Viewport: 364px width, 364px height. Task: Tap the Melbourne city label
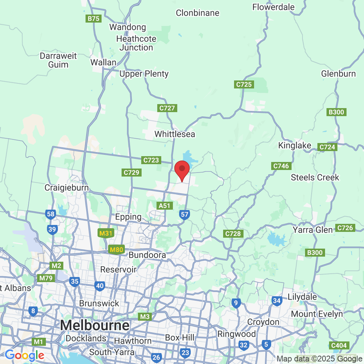pos(95,325)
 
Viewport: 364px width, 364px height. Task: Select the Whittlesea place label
pos(175,134)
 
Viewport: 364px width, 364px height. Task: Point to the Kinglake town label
pos(295,146)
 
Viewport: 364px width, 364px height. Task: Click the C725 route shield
pos(244,85)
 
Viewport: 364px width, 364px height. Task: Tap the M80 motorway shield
pos(116,250)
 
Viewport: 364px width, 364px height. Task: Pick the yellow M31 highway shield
pos(105,233)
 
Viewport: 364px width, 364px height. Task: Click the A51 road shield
pos(165,206)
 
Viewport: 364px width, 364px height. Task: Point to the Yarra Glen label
pos(313,230)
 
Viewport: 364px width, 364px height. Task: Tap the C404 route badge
pos(339,345)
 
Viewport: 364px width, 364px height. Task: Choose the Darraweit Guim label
pos(58,60)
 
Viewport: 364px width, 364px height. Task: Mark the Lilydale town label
pos(302,297)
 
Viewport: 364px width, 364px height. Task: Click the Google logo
pos(25,355)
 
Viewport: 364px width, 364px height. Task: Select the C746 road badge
pos(281,166)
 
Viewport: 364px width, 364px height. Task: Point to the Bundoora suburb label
pos(147,255)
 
